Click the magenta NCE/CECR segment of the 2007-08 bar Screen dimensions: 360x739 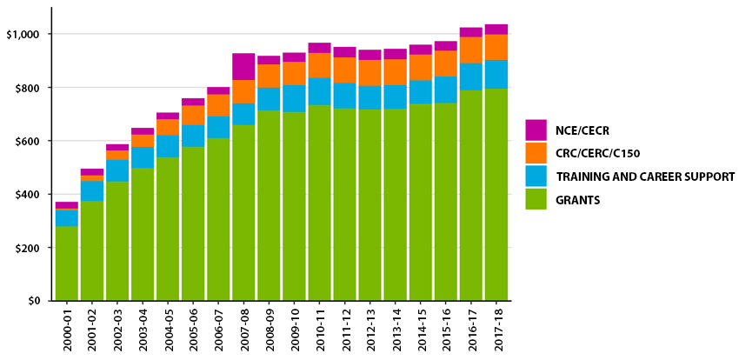pos(243,67)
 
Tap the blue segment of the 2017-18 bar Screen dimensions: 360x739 pos(496,74)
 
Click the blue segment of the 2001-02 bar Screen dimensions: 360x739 pos(92,190)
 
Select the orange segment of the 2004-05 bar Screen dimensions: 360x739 pos(168,127)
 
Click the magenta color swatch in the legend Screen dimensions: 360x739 pos(536,130)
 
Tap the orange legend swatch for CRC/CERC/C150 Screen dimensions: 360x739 pos(536,153)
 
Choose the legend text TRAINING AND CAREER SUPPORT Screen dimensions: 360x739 pos(645,177)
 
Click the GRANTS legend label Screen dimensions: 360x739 pos(579,200)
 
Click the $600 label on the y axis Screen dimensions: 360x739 pos(29,141)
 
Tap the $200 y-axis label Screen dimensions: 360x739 pos(29,248)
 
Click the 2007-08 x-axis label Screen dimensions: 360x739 pos(243,330)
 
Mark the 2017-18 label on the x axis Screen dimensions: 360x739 pos(496,330)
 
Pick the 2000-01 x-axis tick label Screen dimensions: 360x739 pos(67,330)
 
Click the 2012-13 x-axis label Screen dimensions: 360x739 pos(369,330)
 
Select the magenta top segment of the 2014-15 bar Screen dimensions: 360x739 pos(420,50)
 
